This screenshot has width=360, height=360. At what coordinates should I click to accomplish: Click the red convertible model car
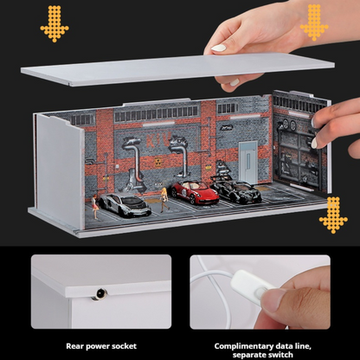point(195,192)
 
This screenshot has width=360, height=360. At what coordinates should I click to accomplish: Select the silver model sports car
point(125,204)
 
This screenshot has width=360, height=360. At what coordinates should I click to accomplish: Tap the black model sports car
point(236,189)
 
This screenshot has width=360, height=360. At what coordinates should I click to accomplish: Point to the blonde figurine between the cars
point(164,200)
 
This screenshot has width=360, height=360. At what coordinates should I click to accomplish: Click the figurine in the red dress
point(95,207)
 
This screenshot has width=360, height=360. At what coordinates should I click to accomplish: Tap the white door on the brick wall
point(248,163)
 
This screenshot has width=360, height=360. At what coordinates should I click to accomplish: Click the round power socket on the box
point(100,293)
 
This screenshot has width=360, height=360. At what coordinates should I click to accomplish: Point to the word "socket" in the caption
point(124,346)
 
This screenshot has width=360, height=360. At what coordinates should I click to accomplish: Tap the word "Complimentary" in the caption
point(243,346)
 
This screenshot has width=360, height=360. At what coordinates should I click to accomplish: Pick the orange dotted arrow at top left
point(55,24)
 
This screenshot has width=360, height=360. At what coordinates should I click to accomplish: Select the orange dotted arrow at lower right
point(333,215)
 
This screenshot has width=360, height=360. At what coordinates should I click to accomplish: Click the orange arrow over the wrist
point(314,22)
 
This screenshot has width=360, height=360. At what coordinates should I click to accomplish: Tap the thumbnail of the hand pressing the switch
point(260,292)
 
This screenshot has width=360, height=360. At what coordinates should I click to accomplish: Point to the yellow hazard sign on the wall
point(157,162)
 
